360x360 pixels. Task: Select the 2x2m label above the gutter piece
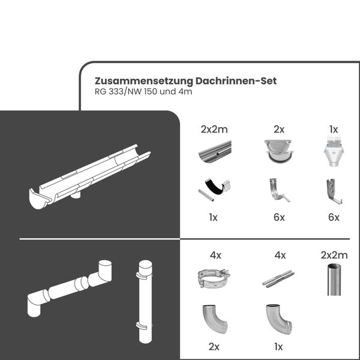click(x=214, y=129)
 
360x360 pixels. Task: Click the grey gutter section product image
click(x=214, y=152)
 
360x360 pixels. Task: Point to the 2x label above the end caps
click(x=278, y=129)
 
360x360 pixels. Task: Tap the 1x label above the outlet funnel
click(x=334, y=129)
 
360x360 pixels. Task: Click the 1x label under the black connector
click(x=214, y=217)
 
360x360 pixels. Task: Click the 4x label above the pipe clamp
click(x=214, y=255)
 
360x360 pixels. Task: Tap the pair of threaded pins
click(x=278, y=280)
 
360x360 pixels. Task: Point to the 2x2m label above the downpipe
click(x=334, y=255)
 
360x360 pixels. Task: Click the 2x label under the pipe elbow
click(x=214, y=346)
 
